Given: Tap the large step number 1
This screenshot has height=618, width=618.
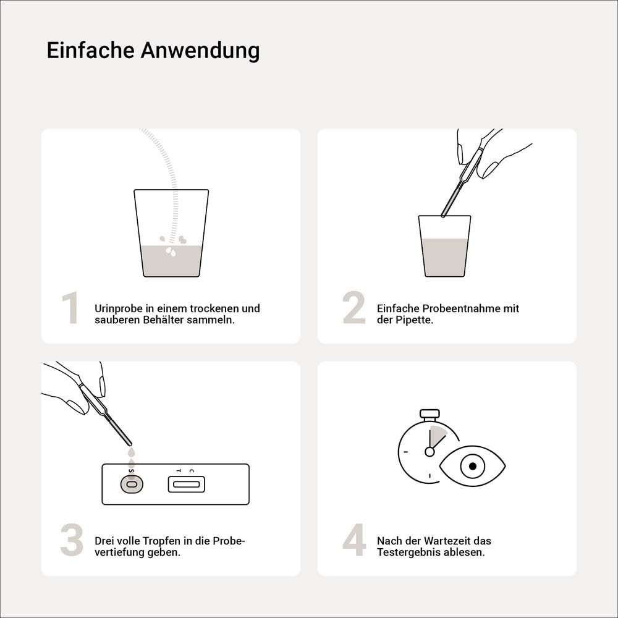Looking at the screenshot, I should pyautogui.click(x=70, y=309).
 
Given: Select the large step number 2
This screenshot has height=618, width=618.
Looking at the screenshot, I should pyautogui.click(x=353, y=309).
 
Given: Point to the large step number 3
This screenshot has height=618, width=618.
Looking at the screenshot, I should pyautogui.click(x=72, y=541).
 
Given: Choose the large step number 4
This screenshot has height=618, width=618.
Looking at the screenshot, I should pyautogui.click(x=354, y=541).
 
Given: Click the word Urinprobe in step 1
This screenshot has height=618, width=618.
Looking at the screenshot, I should pyautogui.click(x=118, y=308).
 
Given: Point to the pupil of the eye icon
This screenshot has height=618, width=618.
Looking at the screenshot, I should pyautogui.click(x=473, y=466).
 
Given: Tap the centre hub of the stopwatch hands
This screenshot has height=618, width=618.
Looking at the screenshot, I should pyautogui.click(x=430, y=452).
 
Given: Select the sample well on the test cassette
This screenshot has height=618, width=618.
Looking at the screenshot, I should pyautogui.click(x=131, y=485).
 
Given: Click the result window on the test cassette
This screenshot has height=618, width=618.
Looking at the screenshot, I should pyautogui.click(x=186, y=485).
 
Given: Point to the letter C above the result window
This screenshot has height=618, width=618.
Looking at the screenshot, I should pyautogui.click(x=192, y=471).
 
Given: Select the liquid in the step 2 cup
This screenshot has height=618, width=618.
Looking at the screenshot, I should pyautogui.click(x=444, y=257).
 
